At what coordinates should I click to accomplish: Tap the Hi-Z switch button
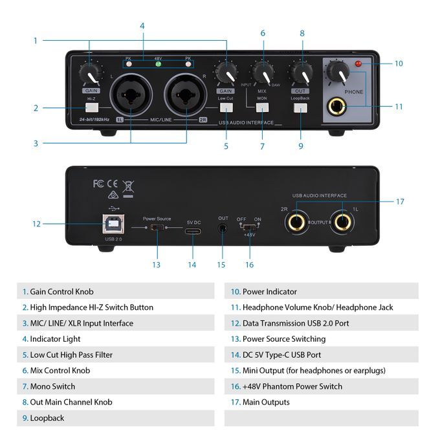coord(91,108)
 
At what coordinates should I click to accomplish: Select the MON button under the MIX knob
coord(263,107)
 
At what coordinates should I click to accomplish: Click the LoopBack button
coord(300,107)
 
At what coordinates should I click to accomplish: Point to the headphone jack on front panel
coord(336,106)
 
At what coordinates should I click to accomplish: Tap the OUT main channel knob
coord(300,72)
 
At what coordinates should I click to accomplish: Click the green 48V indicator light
coord(158,65)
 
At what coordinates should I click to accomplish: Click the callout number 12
coord(36,224)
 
